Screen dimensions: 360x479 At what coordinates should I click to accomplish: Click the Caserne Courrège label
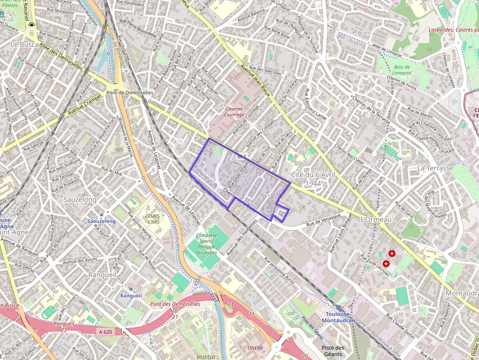235,112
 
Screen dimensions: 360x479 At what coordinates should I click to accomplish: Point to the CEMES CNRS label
153,218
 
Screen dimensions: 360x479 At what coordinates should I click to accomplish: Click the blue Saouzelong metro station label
101,221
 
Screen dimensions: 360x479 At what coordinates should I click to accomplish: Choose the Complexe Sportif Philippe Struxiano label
206,244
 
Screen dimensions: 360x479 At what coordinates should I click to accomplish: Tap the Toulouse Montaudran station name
339,317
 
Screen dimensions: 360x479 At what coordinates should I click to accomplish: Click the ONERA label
255,348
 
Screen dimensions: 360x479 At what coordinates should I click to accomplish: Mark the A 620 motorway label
105,331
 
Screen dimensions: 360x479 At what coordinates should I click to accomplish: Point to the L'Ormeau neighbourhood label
375,220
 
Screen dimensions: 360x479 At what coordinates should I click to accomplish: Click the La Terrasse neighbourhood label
433,168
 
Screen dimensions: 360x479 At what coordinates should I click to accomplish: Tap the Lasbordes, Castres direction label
453,30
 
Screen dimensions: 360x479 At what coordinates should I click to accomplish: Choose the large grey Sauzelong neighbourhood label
80,200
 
